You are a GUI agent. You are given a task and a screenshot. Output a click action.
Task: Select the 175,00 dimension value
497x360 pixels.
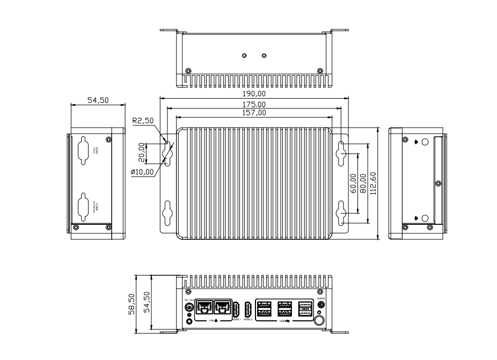254,104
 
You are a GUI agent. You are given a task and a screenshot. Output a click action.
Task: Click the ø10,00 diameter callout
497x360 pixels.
142,172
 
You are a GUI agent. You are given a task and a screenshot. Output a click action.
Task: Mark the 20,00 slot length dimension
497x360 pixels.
142,152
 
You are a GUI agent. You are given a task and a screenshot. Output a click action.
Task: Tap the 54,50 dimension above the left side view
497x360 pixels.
91,100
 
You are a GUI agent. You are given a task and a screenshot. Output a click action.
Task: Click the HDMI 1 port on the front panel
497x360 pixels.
236,310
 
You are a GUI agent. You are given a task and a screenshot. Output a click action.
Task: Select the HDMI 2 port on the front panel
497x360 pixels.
248,310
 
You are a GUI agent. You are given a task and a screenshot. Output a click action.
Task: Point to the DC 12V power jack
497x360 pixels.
189,308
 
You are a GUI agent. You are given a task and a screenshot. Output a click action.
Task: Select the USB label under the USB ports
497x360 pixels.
283,321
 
